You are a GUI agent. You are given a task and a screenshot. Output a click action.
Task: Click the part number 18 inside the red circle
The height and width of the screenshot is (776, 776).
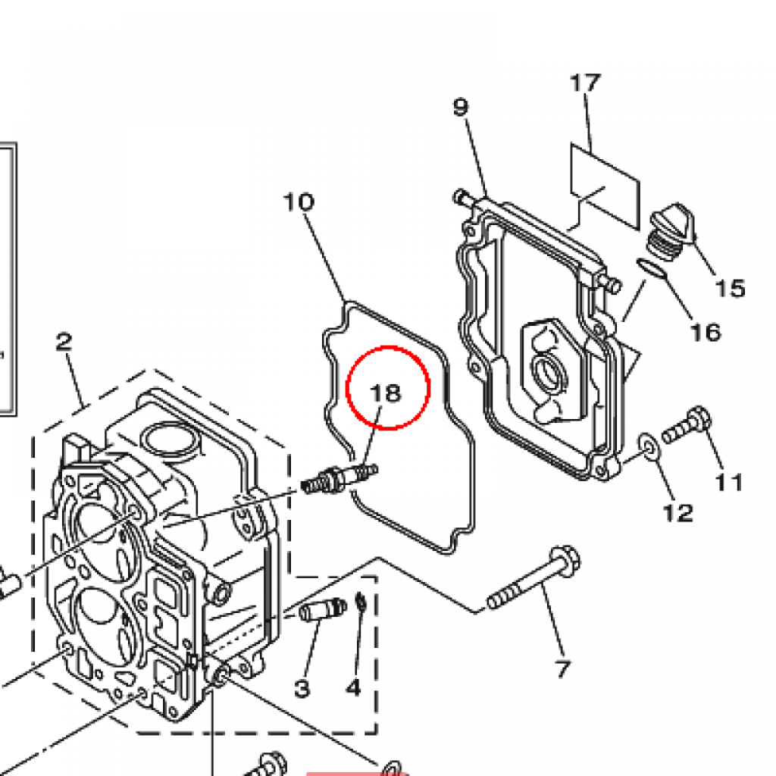pyautogui.click(x=386, y=393)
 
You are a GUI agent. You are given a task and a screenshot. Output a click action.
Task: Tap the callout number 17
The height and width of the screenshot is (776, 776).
pyautogui.click(x=586, y=83)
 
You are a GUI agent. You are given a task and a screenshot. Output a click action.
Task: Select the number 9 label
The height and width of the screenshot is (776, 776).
pyautogui.click(x=460, y=106)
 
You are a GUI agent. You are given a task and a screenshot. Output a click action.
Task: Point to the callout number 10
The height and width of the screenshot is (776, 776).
pyautogui.click(x=299, y=202)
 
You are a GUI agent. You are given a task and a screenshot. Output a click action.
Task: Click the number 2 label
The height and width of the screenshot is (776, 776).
pyautogui.click(x=64, y=342)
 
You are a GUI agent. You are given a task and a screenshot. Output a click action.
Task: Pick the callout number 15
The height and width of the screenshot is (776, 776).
pyautogui.click(x=731, y=288)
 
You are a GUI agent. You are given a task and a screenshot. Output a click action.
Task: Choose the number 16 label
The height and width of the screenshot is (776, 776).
pyautogui.click(x=706, y=332)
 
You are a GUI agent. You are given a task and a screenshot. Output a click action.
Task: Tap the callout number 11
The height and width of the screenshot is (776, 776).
pyautogui.click(x=730, y=482)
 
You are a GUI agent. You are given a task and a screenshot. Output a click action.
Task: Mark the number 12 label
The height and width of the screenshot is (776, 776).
pyautogui.click(x=678, y=513)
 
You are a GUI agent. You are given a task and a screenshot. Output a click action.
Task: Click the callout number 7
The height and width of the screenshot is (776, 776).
pyautogui.click(x=563, y=669)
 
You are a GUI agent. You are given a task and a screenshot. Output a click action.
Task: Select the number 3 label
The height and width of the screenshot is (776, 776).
pyautogui.click(x=302, y=688)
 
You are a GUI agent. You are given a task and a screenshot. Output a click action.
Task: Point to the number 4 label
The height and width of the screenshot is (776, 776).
pyautogui.click(x=353, y=687)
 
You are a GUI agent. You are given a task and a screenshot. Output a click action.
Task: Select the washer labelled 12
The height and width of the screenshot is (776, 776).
pyautogui.click(x=649, y=446)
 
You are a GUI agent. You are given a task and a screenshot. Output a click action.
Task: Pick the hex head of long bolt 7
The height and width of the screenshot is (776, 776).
pyautogui.click(x=565, y=562)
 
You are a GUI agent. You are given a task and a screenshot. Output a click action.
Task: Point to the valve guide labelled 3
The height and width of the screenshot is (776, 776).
pyautogui.click(x=322, y=609)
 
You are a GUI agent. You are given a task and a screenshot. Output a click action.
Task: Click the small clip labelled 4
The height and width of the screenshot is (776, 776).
pyautogui.click(x=361, y=602)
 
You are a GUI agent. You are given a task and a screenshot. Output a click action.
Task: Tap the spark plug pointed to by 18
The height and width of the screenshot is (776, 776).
pyautogui.click(x=339, y=479)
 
